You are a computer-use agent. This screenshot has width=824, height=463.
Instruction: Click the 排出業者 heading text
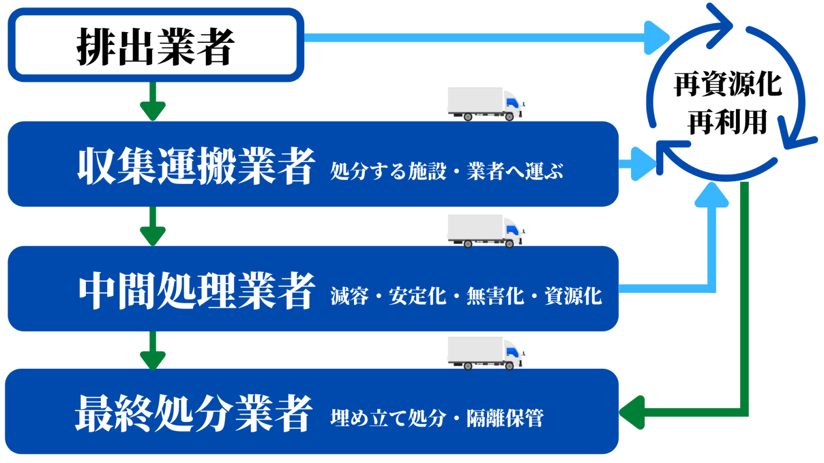click(155, 47)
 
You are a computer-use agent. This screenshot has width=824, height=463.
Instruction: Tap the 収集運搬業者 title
click(196, 166)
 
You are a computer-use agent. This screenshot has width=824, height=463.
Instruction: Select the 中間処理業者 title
click(196, 290)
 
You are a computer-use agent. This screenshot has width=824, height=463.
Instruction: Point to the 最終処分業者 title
click(194, 413)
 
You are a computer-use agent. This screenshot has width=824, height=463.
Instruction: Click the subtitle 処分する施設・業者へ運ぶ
click(446, 171)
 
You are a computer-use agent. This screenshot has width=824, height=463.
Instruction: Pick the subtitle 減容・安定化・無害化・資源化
click(466, 296)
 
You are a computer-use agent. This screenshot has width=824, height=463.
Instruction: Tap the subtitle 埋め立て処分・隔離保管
click(437, 418)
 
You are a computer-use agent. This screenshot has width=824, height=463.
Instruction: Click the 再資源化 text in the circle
click(727, 85)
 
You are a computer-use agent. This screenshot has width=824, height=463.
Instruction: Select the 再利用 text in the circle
click(727, 122)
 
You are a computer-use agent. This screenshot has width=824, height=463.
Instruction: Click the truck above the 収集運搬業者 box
click(485, 104)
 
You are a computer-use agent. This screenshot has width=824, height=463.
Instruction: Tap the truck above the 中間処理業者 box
click(485, 231)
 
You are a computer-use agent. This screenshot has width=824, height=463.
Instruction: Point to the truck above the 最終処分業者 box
click(485, 353)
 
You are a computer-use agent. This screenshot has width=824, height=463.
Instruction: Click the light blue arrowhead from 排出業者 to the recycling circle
click(656, 38)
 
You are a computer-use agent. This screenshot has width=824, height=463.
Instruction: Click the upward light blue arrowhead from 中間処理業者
click(711, 196)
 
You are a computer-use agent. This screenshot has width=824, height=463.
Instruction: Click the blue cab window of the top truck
click(511, 102)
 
